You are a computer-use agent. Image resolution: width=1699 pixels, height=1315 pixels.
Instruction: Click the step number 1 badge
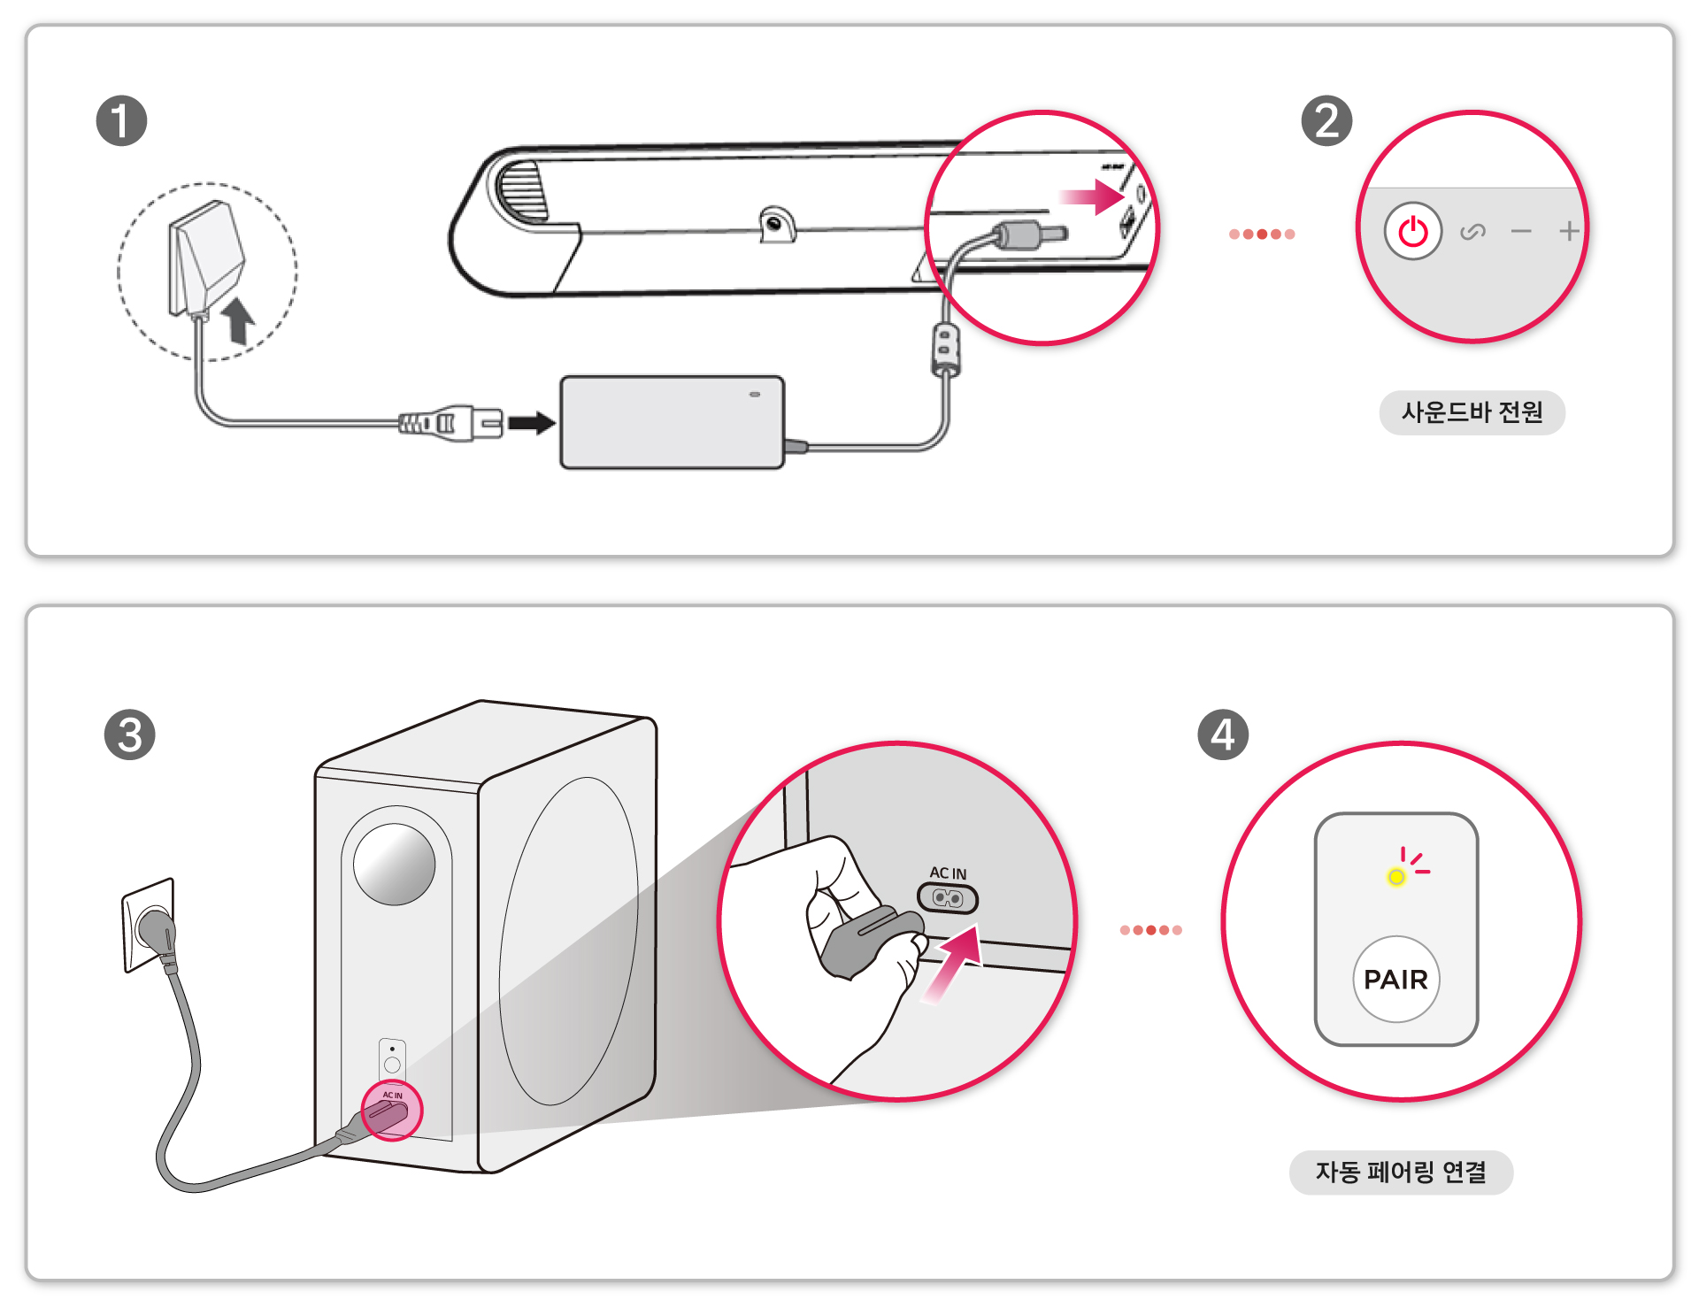[x=121, y=121]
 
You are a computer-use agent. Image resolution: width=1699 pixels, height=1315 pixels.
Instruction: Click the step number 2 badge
[x=1326, y=121]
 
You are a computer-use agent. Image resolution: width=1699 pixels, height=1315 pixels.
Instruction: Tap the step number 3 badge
[x=129, y=734]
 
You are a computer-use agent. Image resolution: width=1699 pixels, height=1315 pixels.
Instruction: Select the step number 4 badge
[x=1222, y=734]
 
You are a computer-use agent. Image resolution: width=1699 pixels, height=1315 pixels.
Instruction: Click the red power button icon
[x=1412, y=232]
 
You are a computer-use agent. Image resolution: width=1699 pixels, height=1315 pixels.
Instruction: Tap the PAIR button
[x=1395, y=980]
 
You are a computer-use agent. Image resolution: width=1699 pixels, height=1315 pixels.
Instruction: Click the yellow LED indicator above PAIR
[x=1395, y=877]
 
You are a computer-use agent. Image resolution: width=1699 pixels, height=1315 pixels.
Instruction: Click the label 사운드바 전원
[x=1472, y=412]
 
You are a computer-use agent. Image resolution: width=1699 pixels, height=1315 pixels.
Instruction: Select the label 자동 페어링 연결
[x=1401, y=1173]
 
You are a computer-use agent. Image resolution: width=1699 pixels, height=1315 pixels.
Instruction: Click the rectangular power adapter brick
[x=672, y=422]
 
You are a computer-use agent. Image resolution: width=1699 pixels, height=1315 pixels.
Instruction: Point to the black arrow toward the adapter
[x=532, y=423]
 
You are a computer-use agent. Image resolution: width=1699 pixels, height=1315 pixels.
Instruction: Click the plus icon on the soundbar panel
[x=1569, y=232]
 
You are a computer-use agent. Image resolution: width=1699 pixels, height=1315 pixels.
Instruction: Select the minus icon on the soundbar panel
[x=1521, y=232]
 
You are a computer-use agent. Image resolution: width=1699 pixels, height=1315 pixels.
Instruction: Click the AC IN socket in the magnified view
[x=948, y=899]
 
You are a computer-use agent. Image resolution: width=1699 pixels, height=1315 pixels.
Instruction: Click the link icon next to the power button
[x=1472, y=232]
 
